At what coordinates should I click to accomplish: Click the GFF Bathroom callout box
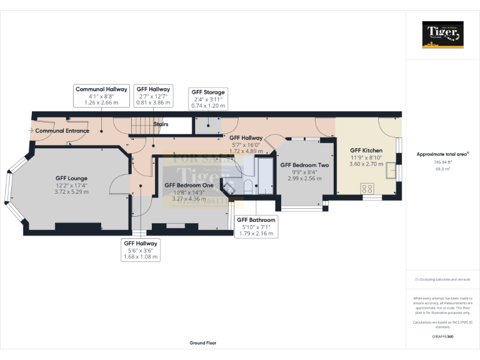pos(255,226)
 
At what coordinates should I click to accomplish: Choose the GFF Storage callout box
pos(207,99)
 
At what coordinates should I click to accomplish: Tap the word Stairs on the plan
pos(161,124)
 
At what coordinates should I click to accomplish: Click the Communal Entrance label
pos(62,131)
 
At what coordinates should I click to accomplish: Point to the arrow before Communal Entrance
pos(31,131)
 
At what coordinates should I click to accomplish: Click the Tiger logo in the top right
pos(443,34)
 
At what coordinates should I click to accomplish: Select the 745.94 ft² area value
pos(442,162)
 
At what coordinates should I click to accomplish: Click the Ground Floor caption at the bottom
pos(203,343)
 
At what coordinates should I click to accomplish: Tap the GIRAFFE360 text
pos(442,336)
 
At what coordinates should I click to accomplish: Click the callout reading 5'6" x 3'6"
pos(141,250)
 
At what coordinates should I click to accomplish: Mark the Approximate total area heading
pos(442,154)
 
